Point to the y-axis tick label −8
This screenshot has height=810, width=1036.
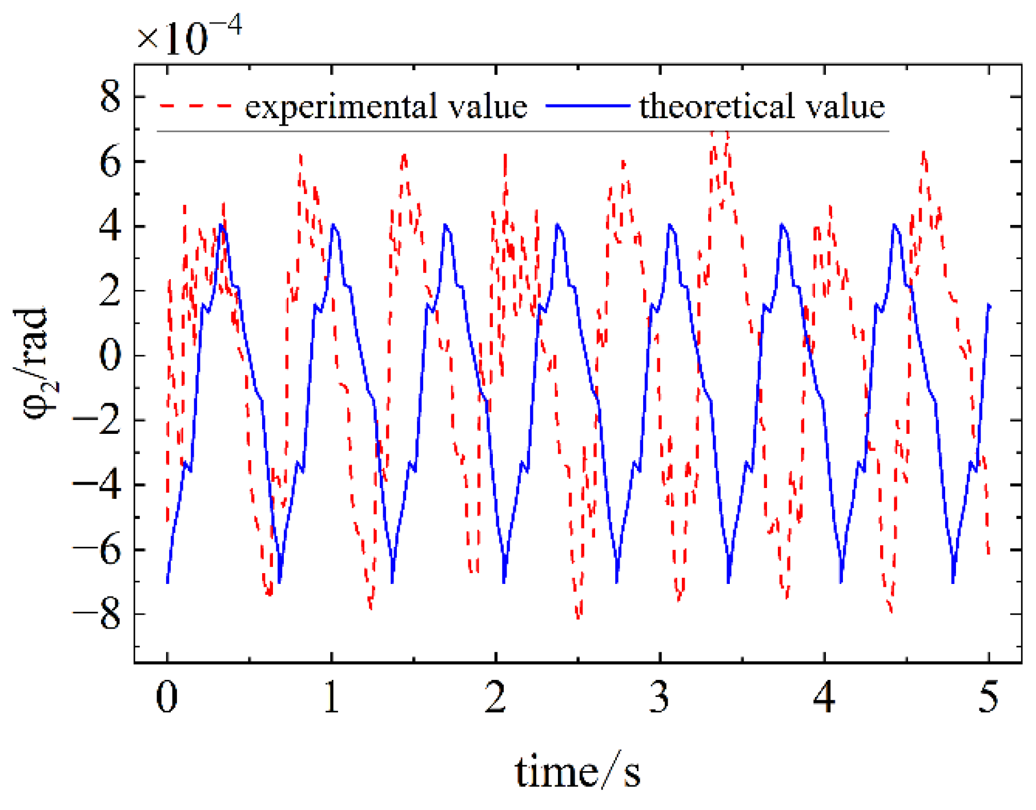click(x=97, y=615)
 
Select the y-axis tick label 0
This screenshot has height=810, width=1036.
click(x=110, y=356)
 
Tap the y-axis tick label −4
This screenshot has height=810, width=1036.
click(x=97, y=485)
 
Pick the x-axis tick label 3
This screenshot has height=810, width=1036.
click(x=660, y=697)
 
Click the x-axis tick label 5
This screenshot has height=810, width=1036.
click(x=989, y=697)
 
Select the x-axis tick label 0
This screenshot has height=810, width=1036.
click(x=167, y=697)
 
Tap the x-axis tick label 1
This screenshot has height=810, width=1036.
click(x=331, y=697)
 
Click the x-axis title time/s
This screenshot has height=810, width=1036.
click(x=577, y=772)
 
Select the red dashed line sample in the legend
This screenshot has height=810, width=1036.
click(x=196, y=106)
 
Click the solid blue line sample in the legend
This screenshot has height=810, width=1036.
click(x=588, y=106)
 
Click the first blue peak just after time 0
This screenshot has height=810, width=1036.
click(x=222, y=225)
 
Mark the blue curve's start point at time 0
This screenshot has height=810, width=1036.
click(x=167, y=582)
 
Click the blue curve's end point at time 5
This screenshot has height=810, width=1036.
click(x=989, y=307)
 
